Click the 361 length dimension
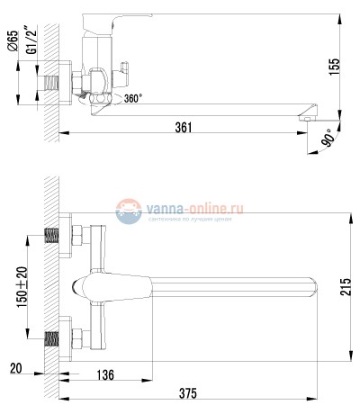point(184,127)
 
